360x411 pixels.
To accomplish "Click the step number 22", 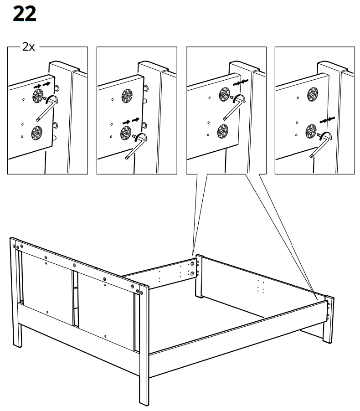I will (24, 14).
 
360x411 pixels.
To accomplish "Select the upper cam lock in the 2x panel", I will (37, 95).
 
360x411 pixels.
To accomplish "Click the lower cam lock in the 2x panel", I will (36, 133).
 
